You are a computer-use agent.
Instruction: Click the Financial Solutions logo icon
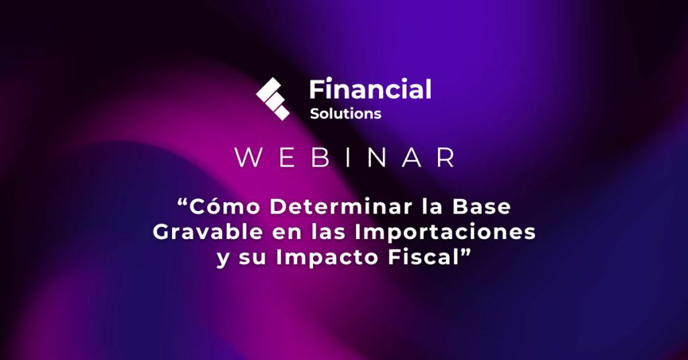(x=273, y=99)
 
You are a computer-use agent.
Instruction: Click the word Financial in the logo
(x=370, y=89)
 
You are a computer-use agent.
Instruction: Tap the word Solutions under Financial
(x=345, y=114)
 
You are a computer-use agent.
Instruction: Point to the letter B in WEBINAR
(x=320, y=157)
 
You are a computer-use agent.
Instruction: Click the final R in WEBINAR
(x=445, y=157)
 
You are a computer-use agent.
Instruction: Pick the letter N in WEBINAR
(x=376, y=157)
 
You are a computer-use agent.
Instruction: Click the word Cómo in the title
(x=225, y=206)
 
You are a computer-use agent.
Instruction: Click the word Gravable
(x=208, y=232)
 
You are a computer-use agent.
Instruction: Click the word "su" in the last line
(x=253, y=260)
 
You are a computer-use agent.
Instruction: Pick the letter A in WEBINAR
(x=412, y=157)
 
